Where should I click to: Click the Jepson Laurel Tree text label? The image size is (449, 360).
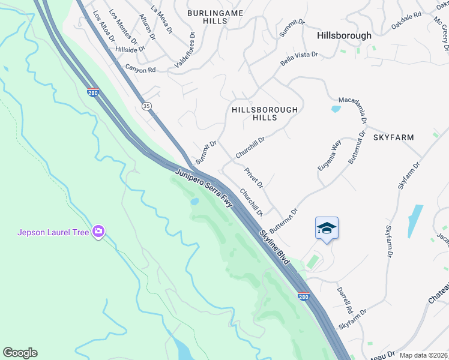pos(53,232)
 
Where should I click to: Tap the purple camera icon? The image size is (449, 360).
pos(98,232)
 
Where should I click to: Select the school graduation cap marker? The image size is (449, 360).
pos(327,228)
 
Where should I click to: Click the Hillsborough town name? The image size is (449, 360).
pos(345,35)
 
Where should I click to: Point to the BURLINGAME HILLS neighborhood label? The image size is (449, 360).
pos(208,16)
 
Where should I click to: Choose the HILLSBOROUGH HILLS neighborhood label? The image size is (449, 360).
pos(265,113)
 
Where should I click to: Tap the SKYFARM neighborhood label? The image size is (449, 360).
pos(394,137)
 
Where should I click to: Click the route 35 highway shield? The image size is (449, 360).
pos(146,106)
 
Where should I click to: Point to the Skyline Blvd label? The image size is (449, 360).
pos(274,246)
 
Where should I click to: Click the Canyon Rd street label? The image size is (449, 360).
pos(140,70)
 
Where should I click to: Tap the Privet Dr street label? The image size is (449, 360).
pos(253,177)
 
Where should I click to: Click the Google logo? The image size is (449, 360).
pos(20,353)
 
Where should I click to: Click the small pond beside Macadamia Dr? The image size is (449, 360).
pos(336,109)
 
